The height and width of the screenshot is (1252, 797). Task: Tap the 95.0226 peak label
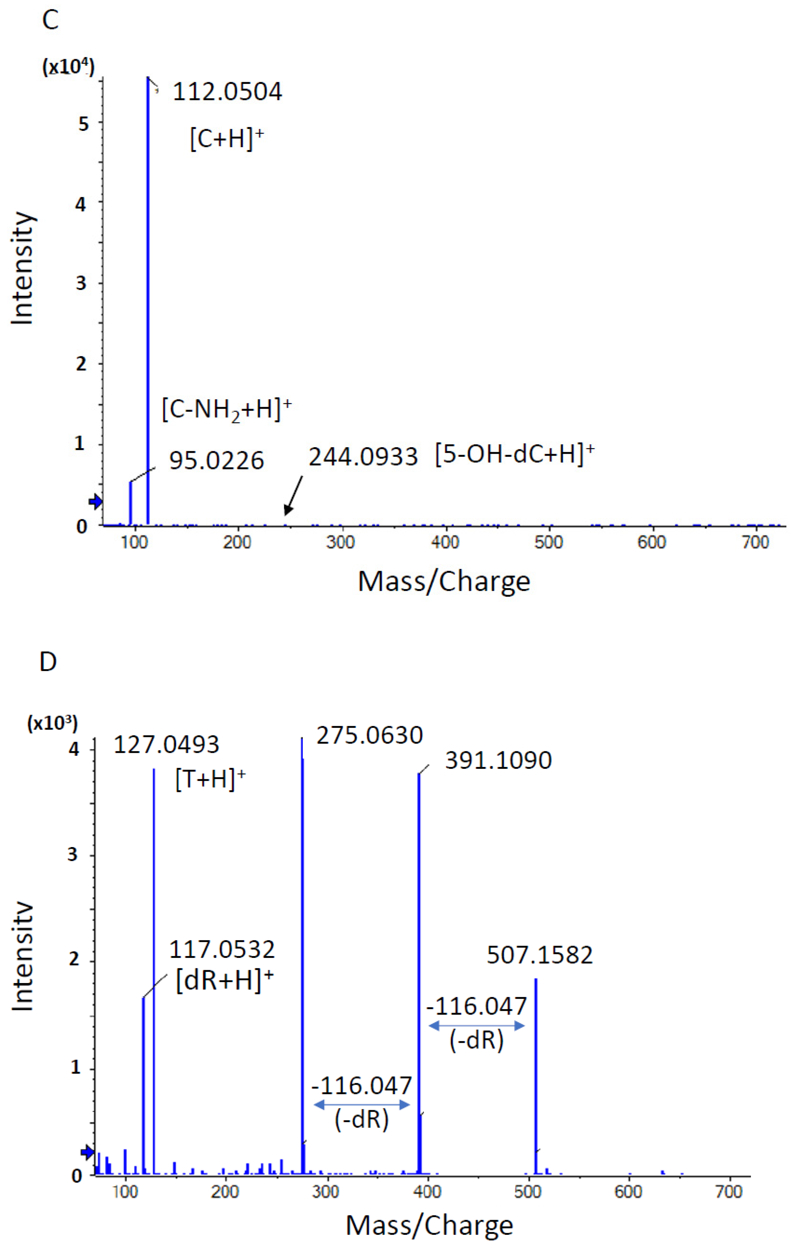[216, 461]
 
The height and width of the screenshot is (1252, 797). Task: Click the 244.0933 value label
[363, 457]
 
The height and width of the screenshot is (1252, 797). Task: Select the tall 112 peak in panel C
[148, 302]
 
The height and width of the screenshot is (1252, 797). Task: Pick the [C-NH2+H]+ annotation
[226, 410]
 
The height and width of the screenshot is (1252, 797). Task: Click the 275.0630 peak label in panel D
[369, 736]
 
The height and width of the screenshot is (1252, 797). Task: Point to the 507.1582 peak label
[539, 955]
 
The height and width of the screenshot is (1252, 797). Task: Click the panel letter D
[48, 662]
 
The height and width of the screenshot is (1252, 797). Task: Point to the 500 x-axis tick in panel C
[548, 543]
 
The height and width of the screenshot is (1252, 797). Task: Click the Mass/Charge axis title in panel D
[429, 1225]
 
